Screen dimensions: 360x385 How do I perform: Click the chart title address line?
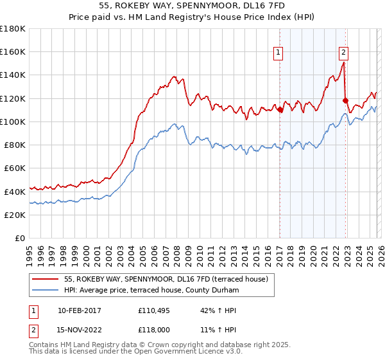193,6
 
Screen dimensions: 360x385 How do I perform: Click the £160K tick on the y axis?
13,52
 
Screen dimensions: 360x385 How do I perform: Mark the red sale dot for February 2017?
280,110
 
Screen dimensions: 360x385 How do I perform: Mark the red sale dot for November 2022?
346,101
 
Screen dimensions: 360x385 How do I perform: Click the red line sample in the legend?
46,278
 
